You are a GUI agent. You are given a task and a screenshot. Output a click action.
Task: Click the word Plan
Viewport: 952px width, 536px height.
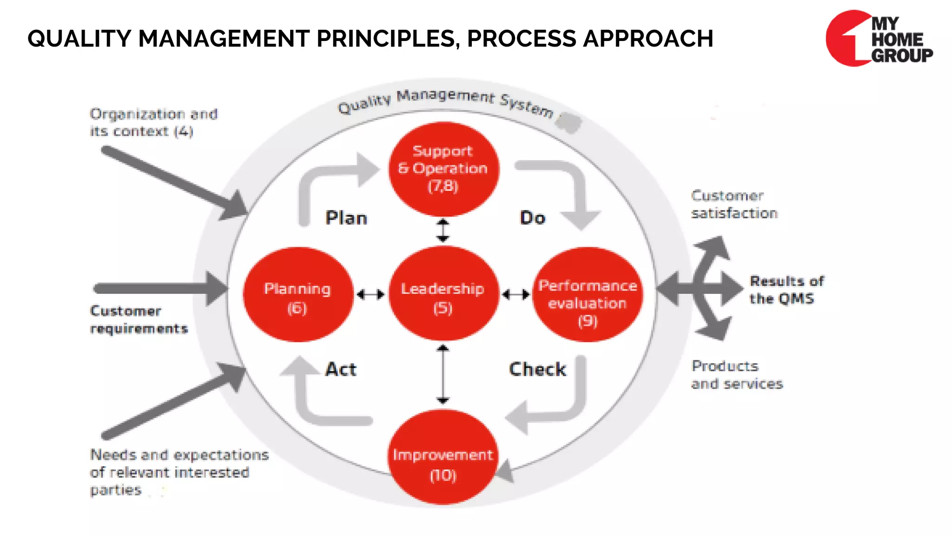pyautogui.click(x=346, y=218)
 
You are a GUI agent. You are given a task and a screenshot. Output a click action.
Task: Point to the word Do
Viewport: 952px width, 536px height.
pyautogui.click(x=533, y=218)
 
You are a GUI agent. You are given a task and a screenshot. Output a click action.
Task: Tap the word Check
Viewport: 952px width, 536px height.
pyautogui.click(x=537, y=369)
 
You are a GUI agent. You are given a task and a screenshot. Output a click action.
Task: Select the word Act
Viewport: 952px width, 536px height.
pyautogui.click(x=341, y=369)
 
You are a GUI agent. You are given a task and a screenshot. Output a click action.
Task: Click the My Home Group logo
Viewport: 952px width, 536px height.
pyautogui.click(x=879, y=39)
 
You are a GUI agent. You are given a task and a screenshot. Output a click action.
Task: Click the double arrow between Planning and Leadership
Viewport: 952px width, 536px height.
pyautogui.click(x=370, y=295)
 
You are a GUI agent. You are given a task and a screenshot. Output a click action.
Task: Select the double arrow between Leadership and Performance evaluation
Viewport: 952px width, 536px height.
pyautogui.click(x=516, y=295)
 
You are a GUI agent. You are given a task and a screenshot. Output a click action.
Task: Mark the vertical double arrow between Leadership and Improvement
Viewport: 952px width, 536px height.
pyautogui.click(x=443, y=374)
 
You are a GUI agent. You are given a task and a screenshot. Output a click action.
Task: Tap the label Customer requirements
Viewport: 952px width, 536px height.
pyautogui.click(x=139, y=320)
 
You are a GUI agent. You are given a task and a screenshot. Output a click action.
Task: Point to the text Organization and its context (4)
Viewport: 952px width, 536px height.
pyautogui.click(x=153, y=122)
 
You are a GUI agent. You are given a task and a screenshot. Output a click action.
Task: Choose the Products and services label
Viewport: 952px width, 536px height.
pyautogui.click(x=736, y=375)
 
